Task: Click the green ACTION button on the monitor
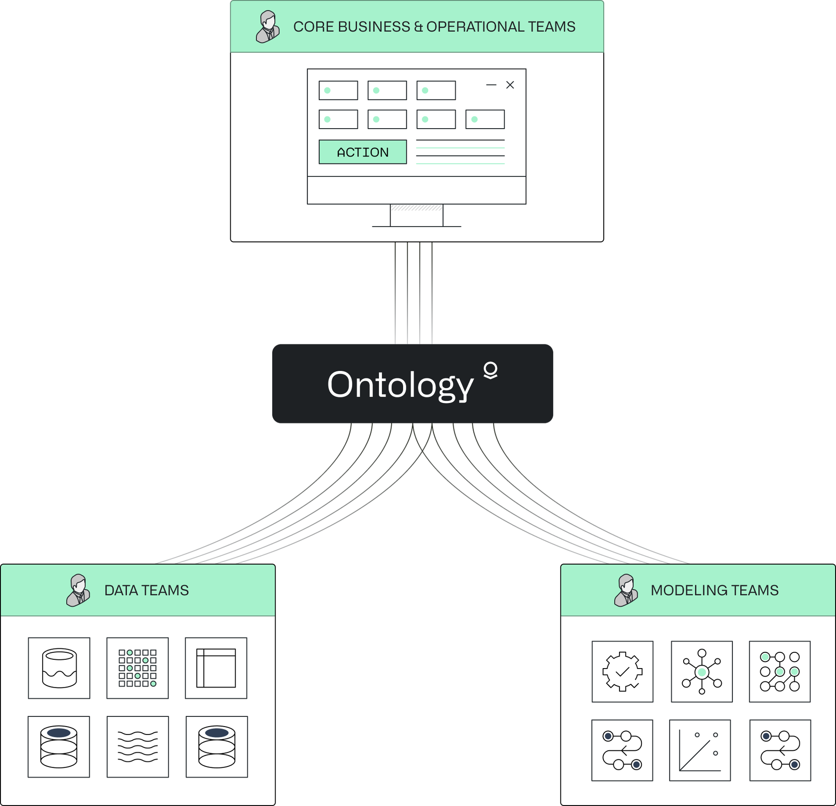(363, 152)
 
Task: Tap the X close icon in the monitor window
(510, 85)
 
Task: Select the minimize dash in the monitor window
(491, 85)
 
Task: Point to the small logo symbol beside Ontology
(490, 370)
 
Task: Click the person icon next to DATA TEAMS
(78, 590)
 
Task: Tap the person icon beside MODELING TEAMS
(626, 590)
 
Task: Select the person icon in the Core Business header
(268, 27)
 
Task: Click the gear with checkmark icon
(622, 671)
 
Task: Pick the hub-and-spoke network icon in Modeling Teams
(702, 671)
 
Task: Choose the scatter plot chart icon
(700, 750)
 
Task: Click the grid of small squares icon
(137, 668)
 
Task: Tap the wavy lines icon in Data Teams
(138, 747)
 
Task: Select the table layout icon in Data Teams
(216, 668)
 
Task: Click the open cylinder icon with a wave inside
(59, 668)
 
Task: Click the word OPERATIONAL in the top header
(475, 27)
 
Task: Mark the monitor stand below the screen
(417, 215)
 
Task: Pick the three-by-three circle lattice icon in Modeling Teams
(780, 671)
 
